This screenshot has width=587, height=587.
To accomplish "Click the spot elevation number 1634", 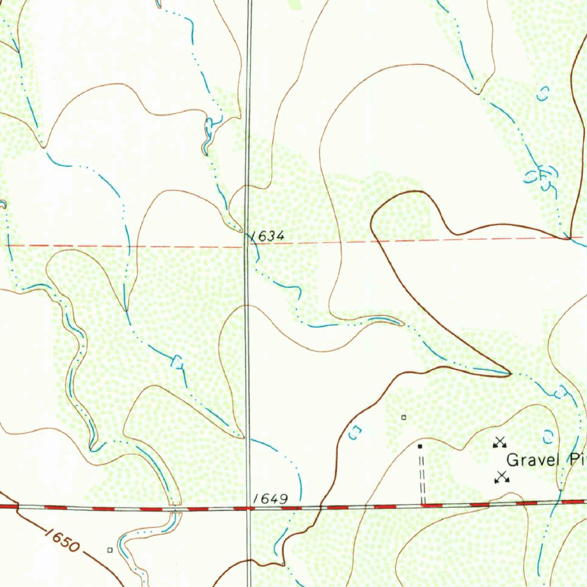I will coord(268,236).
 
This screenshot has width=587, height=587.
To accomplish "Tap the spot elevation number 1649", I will coord(271,499).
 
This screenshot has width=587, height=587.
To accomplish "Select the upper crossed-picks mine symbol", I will coord(500,441).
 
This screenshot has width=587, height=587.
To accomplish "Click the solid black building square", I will coord(420,445).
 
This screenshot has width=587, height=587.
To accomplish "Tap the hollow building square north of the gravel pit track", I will coord(404,417).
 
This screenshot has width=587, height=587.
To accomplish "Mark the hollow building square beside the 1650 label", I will coord(109,550).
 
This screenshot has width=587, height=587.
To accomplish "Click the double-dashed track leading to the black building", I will coord(422,476).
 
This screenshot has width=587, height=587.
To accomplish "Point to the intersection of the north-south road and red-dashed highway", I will coord(248,507).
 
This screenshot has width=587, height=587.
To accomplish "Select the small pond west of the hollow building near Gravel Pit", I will coord(355,433).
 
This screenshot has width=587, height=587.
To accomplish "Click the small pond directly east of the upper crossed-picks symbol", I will coord(549,437).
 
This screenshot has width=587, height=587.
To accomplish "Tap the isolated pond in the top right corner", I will coord(543,93).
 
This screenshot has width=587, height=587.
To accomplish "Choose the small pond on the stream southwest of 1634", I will coord(178,362).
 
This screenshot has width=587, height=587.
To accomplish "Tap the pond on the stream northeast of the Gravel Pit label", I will coord(559,392).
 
